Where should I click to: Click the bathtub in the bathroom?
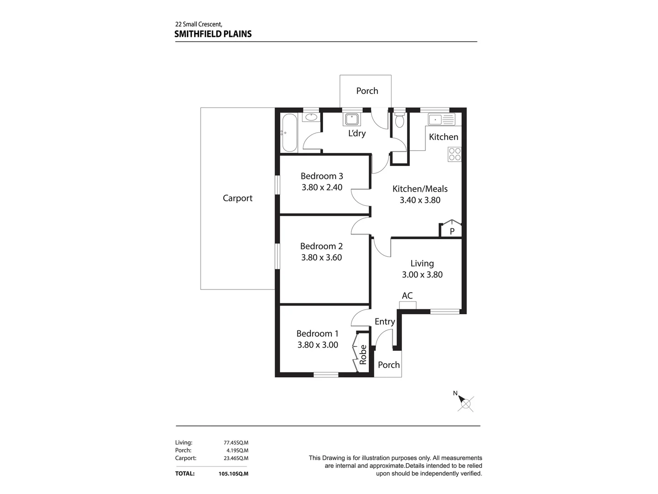coord(290,133)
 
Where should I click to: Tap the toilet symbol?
coord(399,121)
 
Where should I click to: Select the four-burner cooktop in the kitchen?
coord(455,154)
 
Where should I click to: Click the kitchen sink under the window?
coord(441,120)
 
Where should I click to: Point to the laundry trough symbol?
coord(351,119)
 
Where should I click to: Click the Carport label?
coord(238,198)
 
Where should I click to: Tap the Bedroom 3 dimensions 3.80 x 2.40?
coord(322,187)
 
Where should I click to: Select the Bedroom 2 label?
coord(321,246)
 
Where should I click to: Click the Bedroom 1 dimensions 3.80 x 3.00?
coord(318,345)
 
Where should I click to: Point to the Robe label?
coord(363,354)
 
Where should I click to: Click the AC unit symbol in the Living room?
coord(407,305)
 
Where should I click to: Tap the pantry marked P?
coord(451,230)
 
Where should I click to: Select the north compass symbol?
coord(466,403)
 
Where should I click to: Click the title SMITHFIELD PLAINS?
coord(213,34)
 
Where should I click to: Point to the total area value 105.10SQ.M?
coord(233,474)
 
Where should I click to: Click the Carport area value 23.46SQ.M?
coord(236,458)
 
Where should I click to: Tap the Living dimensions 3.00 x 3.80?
coord(422,274)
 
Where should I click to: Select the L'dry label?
coord(357,134)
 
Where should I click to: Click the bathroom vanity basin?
coord(311,117)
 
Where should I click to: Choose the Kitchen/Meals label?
coord(420,189)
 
